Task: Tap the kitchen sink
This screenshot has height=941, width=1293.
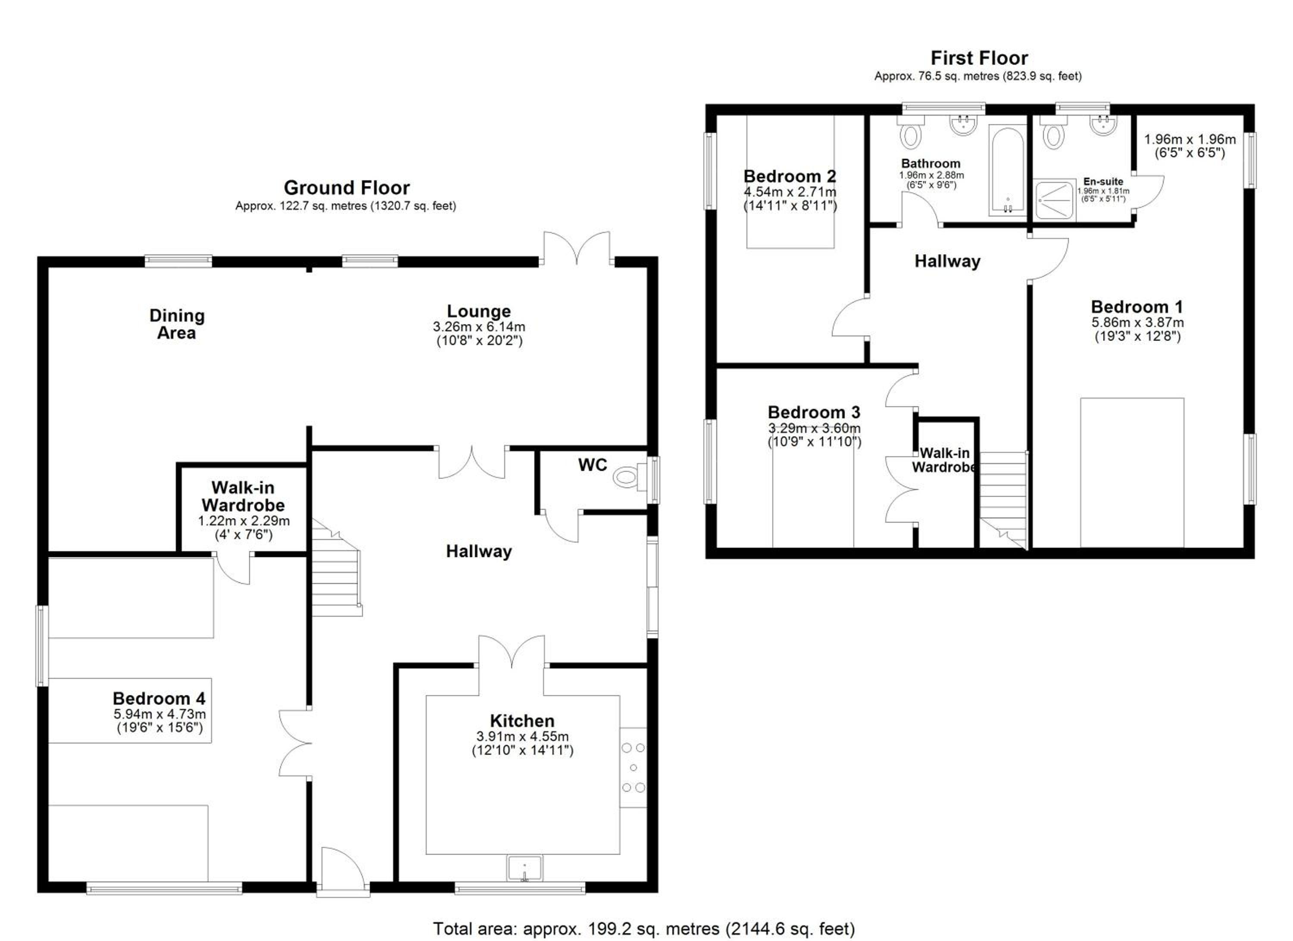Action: pos(525,868)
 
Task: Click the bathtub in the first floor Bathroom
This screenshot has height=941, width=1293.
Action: pos(1007,170)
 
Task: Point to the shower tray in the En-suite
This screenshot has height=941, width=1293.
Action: pos(1053,200)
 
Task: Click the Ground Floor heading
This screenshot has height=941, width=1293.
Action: pos(347,188)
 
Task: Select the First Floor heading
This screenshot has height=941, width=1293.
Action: pos(979,58)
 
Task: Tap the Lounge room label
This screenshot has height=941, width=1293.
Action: pos(479,311)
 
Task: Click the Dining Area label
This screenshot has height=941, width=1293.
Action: pos(177,324)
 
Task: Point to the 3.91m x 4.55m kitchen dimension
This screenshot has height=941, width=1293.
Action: pos(522,736)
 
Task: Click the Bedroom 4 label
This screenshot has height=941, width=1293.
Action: pos(159,698)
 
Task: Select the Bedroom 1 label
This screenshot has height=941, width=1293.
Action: pos(1137,307)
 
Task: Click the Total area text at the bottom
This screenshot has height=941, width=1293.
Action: pos(644,928)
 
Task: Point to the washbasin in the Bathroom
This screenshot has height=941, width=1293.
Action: pos(963,125)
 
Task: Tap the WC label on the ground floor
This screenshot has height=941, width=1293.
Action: pos(593,465)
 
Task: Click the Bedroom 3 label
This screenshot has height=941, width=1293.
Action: pos(814,412)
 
